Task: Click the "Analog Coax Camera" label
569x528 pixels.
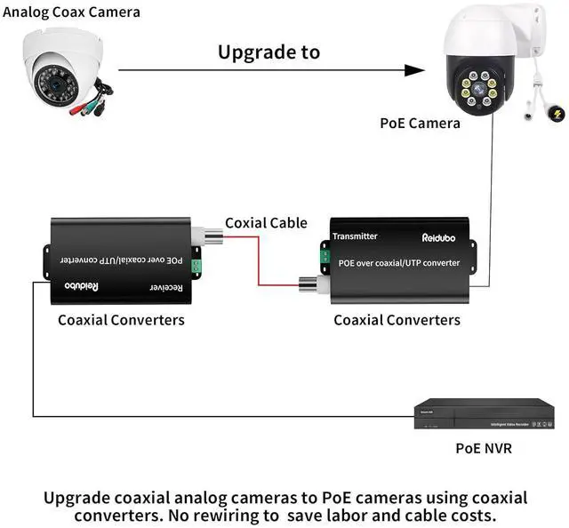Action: [70, 12]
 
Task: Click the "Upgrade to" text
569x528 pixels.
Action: [268, 52]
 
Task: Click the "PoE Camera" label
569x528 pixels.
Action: [420, 123]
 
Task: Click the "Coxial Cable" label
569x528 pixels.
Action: [266, 223]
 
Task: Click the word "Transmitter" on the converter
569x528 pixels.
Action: [355, 236]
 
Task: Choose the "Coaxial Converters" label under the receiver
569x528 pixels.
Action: [121, 319]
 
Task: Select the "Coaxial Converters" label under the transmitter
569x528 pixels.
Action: [397, 319]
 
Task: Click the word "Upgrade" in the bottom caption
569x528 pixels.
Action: [83, 498]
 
